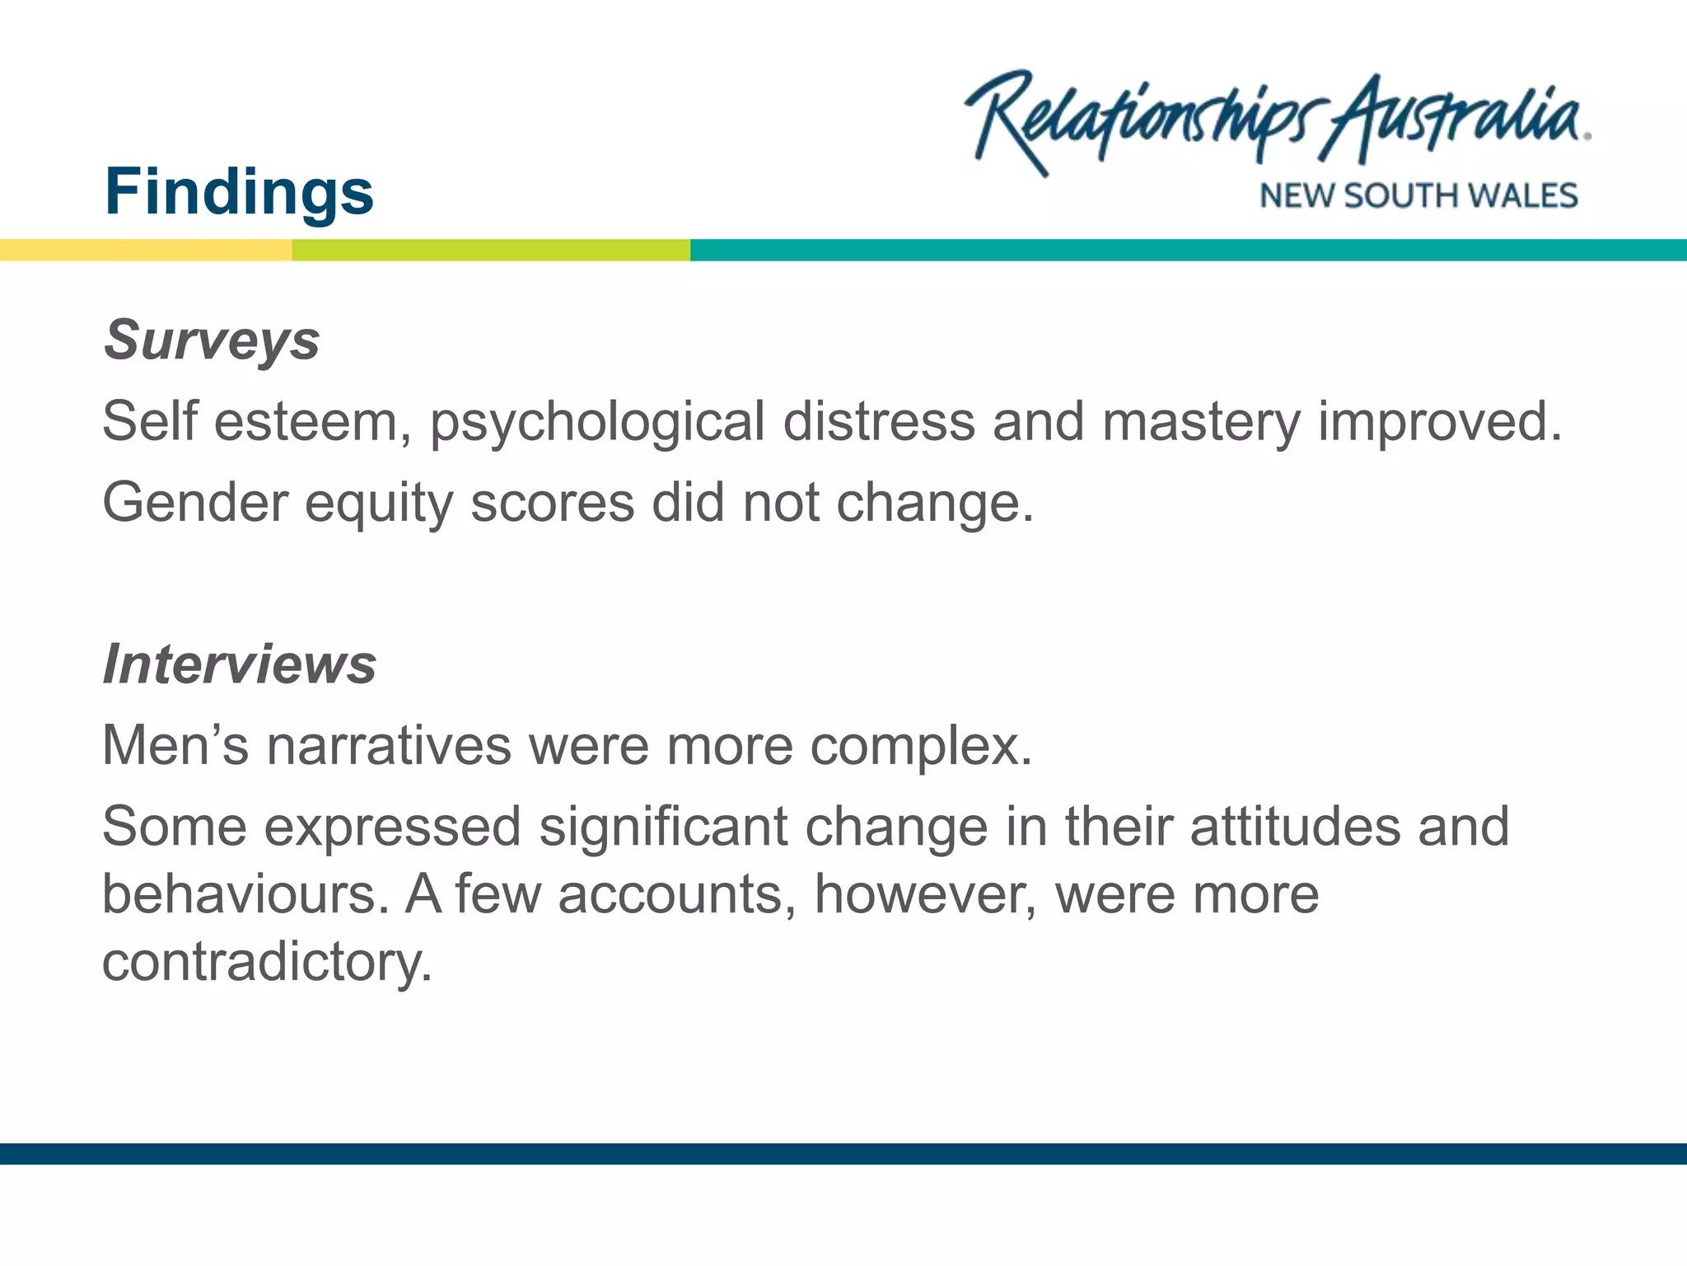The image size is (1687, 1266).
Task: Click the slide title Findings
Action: pos(239,192)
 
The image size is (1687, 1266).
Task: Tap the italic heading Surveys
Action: pos(212,340)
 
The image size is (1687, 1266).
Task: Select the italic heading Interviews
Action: pos(240,664)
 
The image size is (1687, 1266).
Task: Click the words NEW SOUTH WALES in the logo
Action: pos(1418,196)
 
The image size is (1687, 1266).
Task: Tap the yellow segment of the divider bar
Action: pos(145,251)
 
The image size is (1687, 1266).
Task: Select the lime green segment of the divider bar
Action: pos(491,251)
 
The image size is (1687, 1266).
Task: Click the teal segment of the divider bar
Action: pos(1188,251)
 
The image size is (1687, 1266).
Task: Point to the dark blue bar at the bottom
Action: pos(843,1154)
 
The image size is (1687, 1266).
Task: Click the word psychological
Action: pos(597,423)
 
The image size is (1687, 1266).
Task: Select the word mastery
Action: pos(1201,423)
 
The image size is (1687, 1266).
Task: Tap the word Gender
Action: pos(195,503)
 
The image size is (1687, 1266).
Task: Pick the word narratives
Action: pos(389,746)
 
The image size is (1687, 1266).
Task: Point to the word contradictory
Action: pos(266,962)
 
